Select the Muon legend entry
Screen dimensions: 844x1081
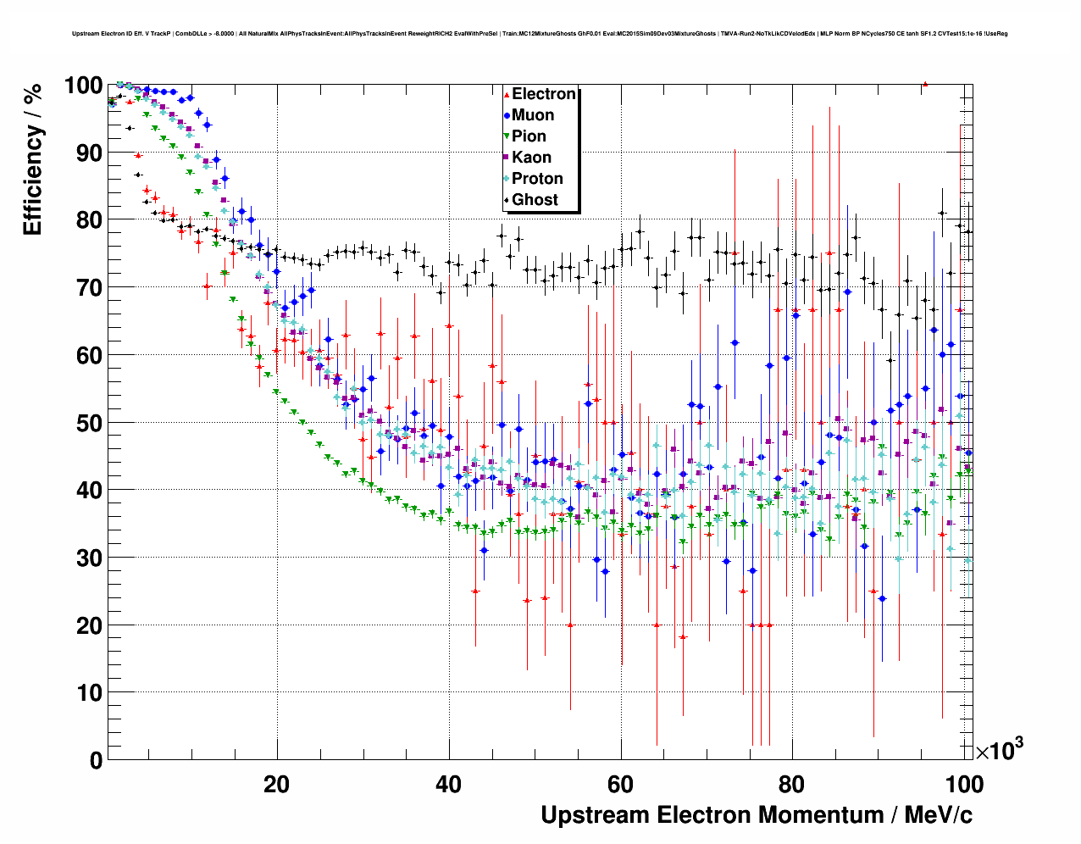pos(533,115)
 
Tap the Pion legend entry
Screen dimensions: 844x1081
pos(529,136)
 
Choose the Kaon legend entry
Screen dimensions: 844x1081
pos(531,158)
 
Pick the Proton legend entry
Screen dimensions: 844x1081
pos(537,179)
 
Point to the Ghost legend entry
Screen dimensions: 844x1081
pos(535,200)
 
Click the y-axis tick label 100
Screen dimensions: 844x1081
pos(84,86)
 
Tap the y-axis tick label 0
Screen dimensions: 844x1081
pos(96,760)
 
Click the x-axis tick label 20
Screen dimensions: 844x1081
pos(276,784)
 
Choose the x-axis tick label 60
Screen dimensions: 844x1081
pos(621,784)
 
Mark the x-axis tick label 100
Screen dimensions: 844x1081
pos(964,784)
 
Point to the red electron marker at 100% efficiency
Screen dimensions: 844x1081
pos(925,84)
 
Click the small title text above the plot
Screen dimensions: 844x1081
pos(540,34)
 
